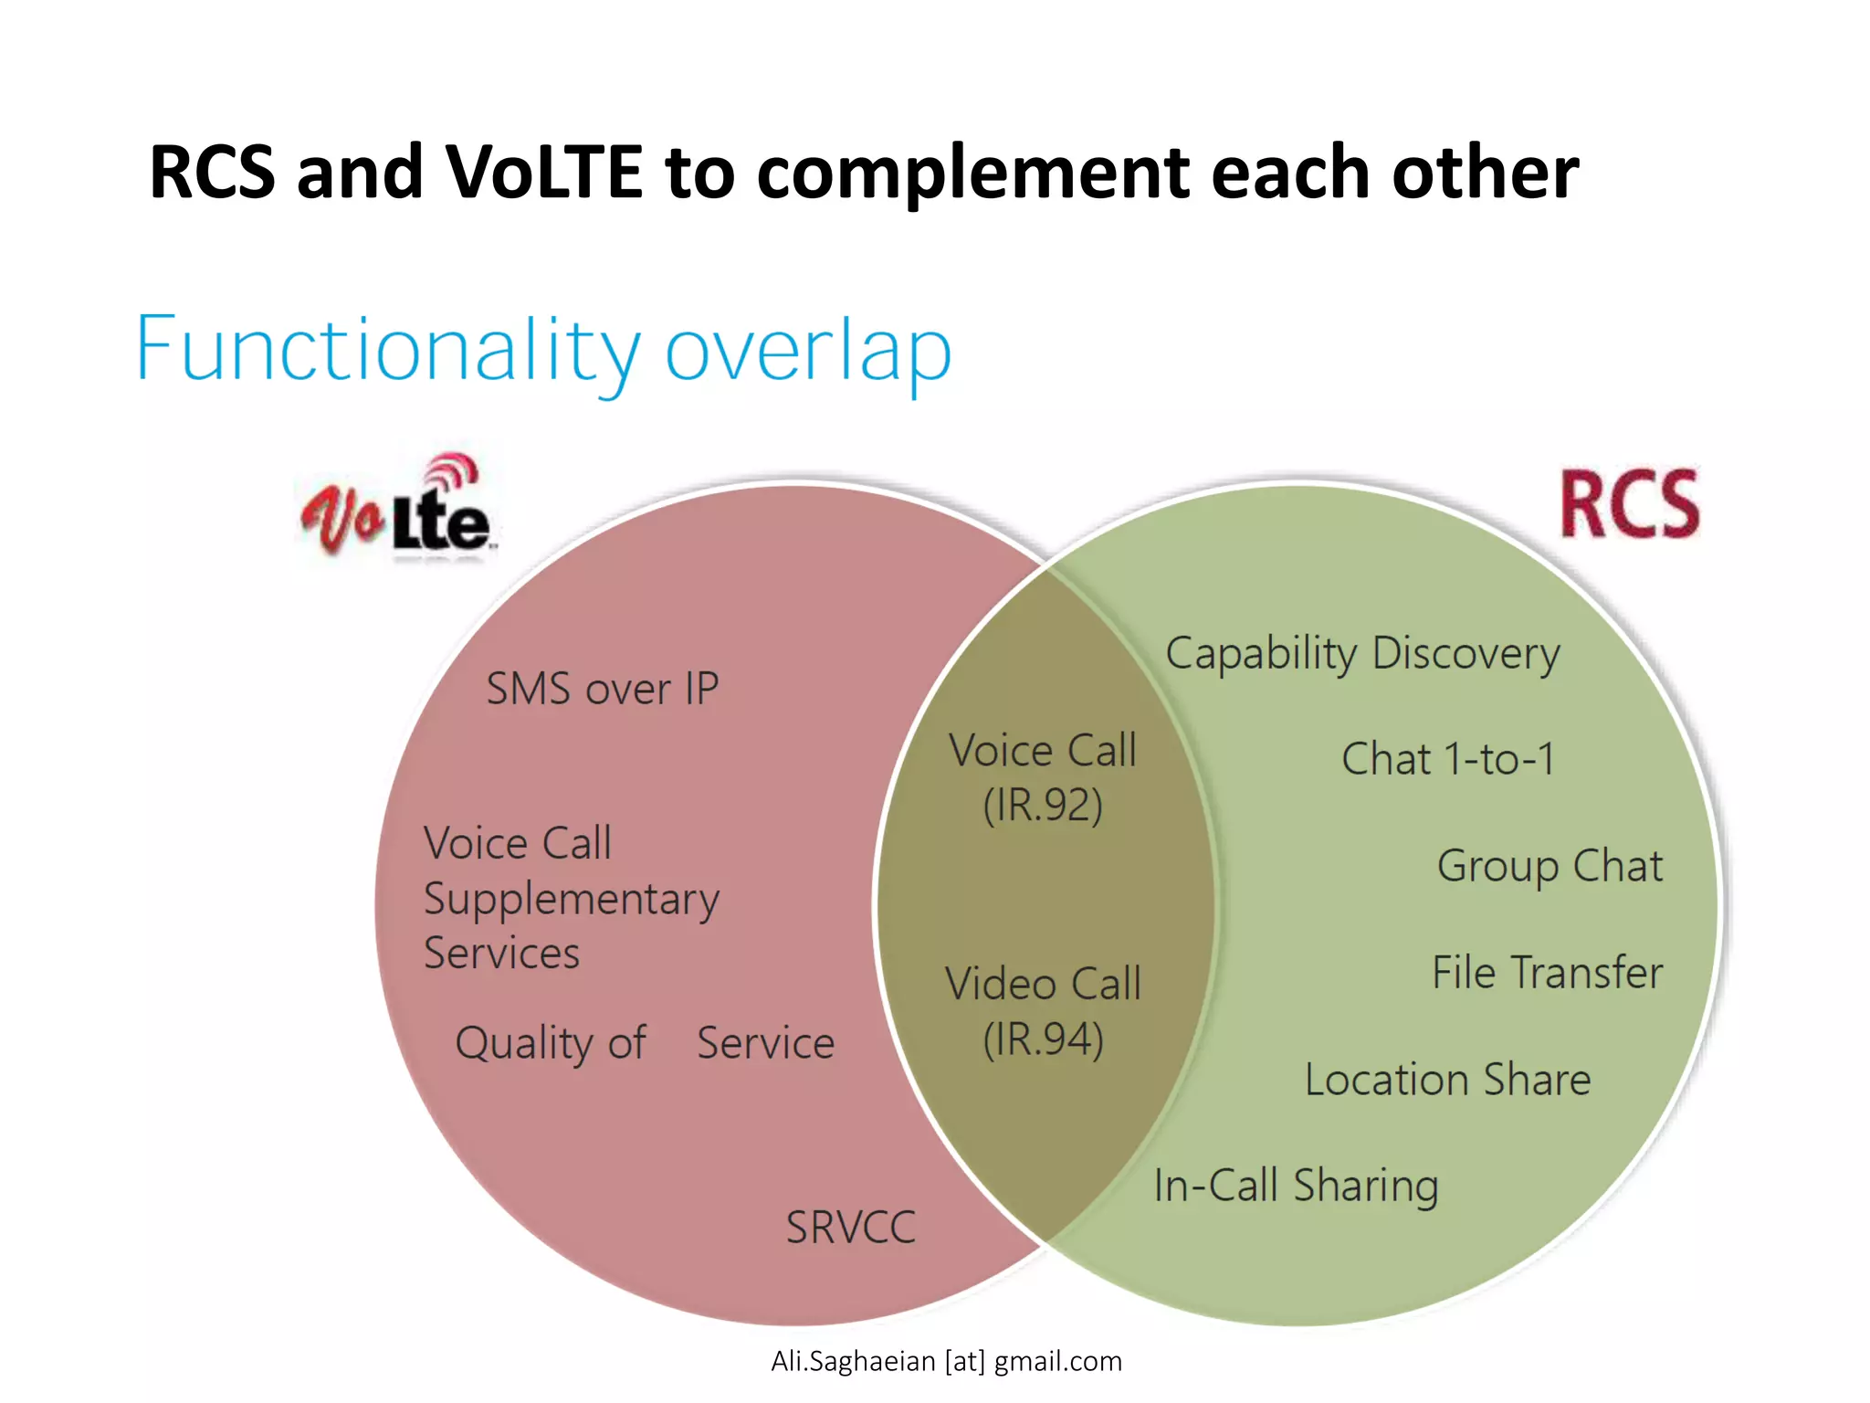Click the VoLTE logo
pos(398,508)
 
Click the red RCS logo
pos(1629,504)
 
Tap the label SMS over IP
pos(603,689)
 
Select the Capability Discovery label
pos(1362,654)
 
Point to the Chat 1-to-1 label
pos(1448,759)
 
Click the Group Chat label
pos(1550,866)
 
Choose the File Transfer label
pos(1547,972)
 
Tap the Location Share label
pos(1447,1080)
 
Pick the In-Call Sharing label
pos(1296,1187)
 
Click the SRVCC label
pos(850,1228)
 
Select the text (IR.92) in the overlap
pos(1043,806)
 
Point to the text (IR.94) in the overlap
pos(1043,1039)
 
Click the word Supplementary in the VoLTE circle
pos(572,901)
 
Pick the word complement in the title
pos(973,174)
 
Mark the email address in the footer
pos(946,1361)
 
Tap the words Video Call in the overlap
pos(1043,985)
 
